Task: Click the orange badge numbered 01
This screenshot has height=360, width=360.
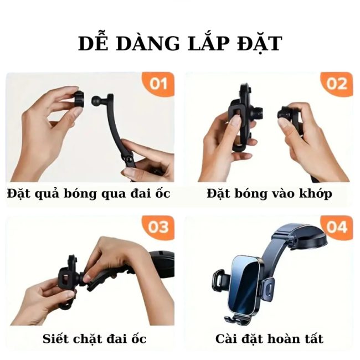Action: (158, 84)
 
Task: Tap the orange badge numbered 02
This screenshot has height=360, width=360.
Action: (337, 84)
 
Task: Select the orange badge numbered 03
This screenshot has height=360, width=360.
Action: (158, 227)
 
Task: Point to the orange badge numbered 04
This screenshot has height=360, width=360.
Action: (337, 227)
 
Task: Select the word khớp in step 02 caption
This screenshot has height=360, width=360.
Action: (316, 193)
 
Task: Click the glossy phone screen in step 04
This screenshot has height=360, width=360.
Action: (245, 285)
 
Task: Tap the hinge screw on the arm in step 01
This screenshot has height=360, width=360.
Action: (128, 159)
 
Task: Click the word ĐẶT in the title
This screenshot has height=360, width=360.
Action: (259, 44)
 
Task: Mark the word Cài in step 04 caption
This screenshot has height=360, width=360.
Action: (224, 338)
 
